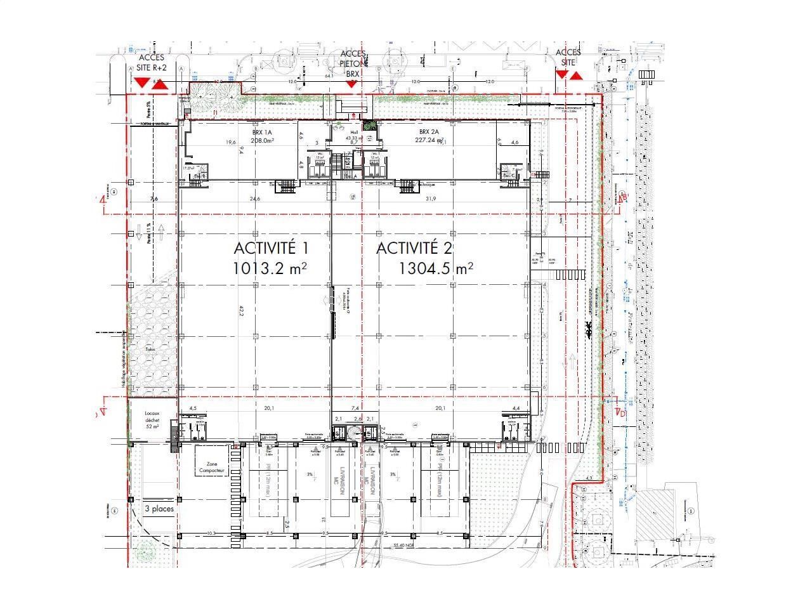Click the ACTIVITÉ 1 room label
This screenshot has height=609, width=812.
[273, 248]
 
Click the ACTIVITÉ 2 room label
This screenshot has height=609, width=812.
[414, 248]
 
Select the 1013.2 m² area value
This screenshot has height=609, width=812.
[270, 268]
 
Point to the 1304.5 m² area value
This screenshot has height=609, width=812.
[436, 268]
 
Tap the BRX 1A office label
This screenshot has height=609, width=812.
[261, 133]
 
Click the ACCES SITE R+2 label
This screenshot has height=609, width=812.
[152, 63]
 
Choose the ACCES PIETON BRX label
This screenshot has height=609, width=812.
[353, 64]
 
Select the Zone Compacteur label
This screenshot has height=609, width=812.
[211, 468]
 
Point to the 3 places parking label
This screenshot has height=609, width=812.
[159, 509]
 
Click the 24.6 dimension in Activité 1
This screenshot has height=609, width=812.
[255, 199]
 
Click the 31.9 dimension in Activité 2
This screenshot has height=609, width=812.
[431, 199]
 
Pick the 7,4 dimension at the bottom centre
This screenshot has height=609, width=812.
[355, 408]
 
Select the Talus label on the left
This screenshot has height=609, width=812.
[150, 349]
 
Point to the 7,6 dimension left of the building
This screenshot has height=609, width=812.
[154, 199]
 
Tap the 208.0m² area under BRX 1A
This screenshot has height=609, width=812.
[261, 141]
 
